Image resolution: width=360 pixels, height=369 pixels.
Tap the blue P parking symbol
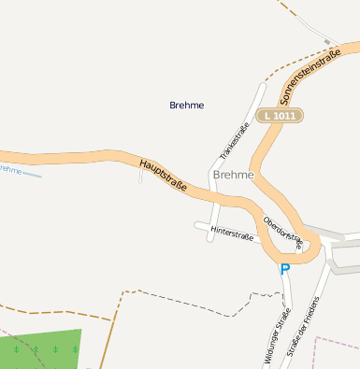click(x=285, y=269)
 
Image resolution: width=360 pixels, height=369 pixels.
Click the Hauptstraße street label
click(x=163, y=176)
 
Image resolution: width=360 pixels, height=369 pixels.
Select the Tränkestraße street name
click(x=234, y=140)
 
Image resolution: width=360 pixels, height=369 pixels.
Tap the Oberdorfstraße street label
click(x=283, y=233)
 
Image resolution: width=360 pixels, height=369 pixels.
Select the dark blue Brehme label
click(x=187, y=105)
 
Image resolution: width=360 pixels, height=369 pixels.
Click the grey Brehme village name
click(x=233, y=175)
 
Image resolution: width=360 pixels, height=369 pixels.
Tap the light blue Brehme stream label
click(x=8, y=169)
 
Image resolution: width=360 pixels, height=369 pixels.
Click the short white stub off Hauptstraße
click(x=140, y=175)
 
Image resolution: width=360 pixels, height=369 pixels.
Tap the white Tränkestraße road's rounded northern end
click(x=262, y=87)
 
